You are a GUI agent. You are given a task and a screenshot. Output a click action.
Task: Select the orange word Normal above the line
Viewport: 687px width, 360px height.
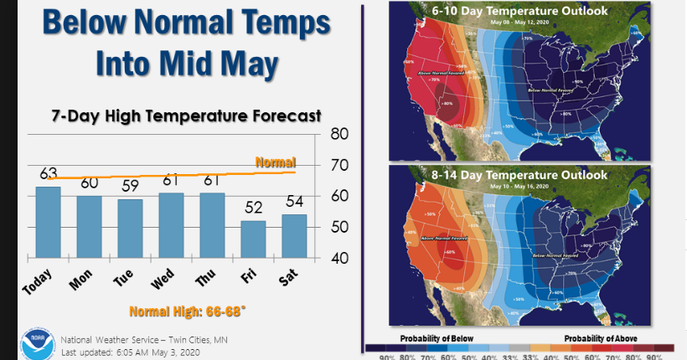pos(276,162)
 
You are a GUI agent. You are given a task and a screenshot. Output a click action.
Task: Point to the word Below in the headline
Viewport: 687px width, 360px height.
pos(85,22)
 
